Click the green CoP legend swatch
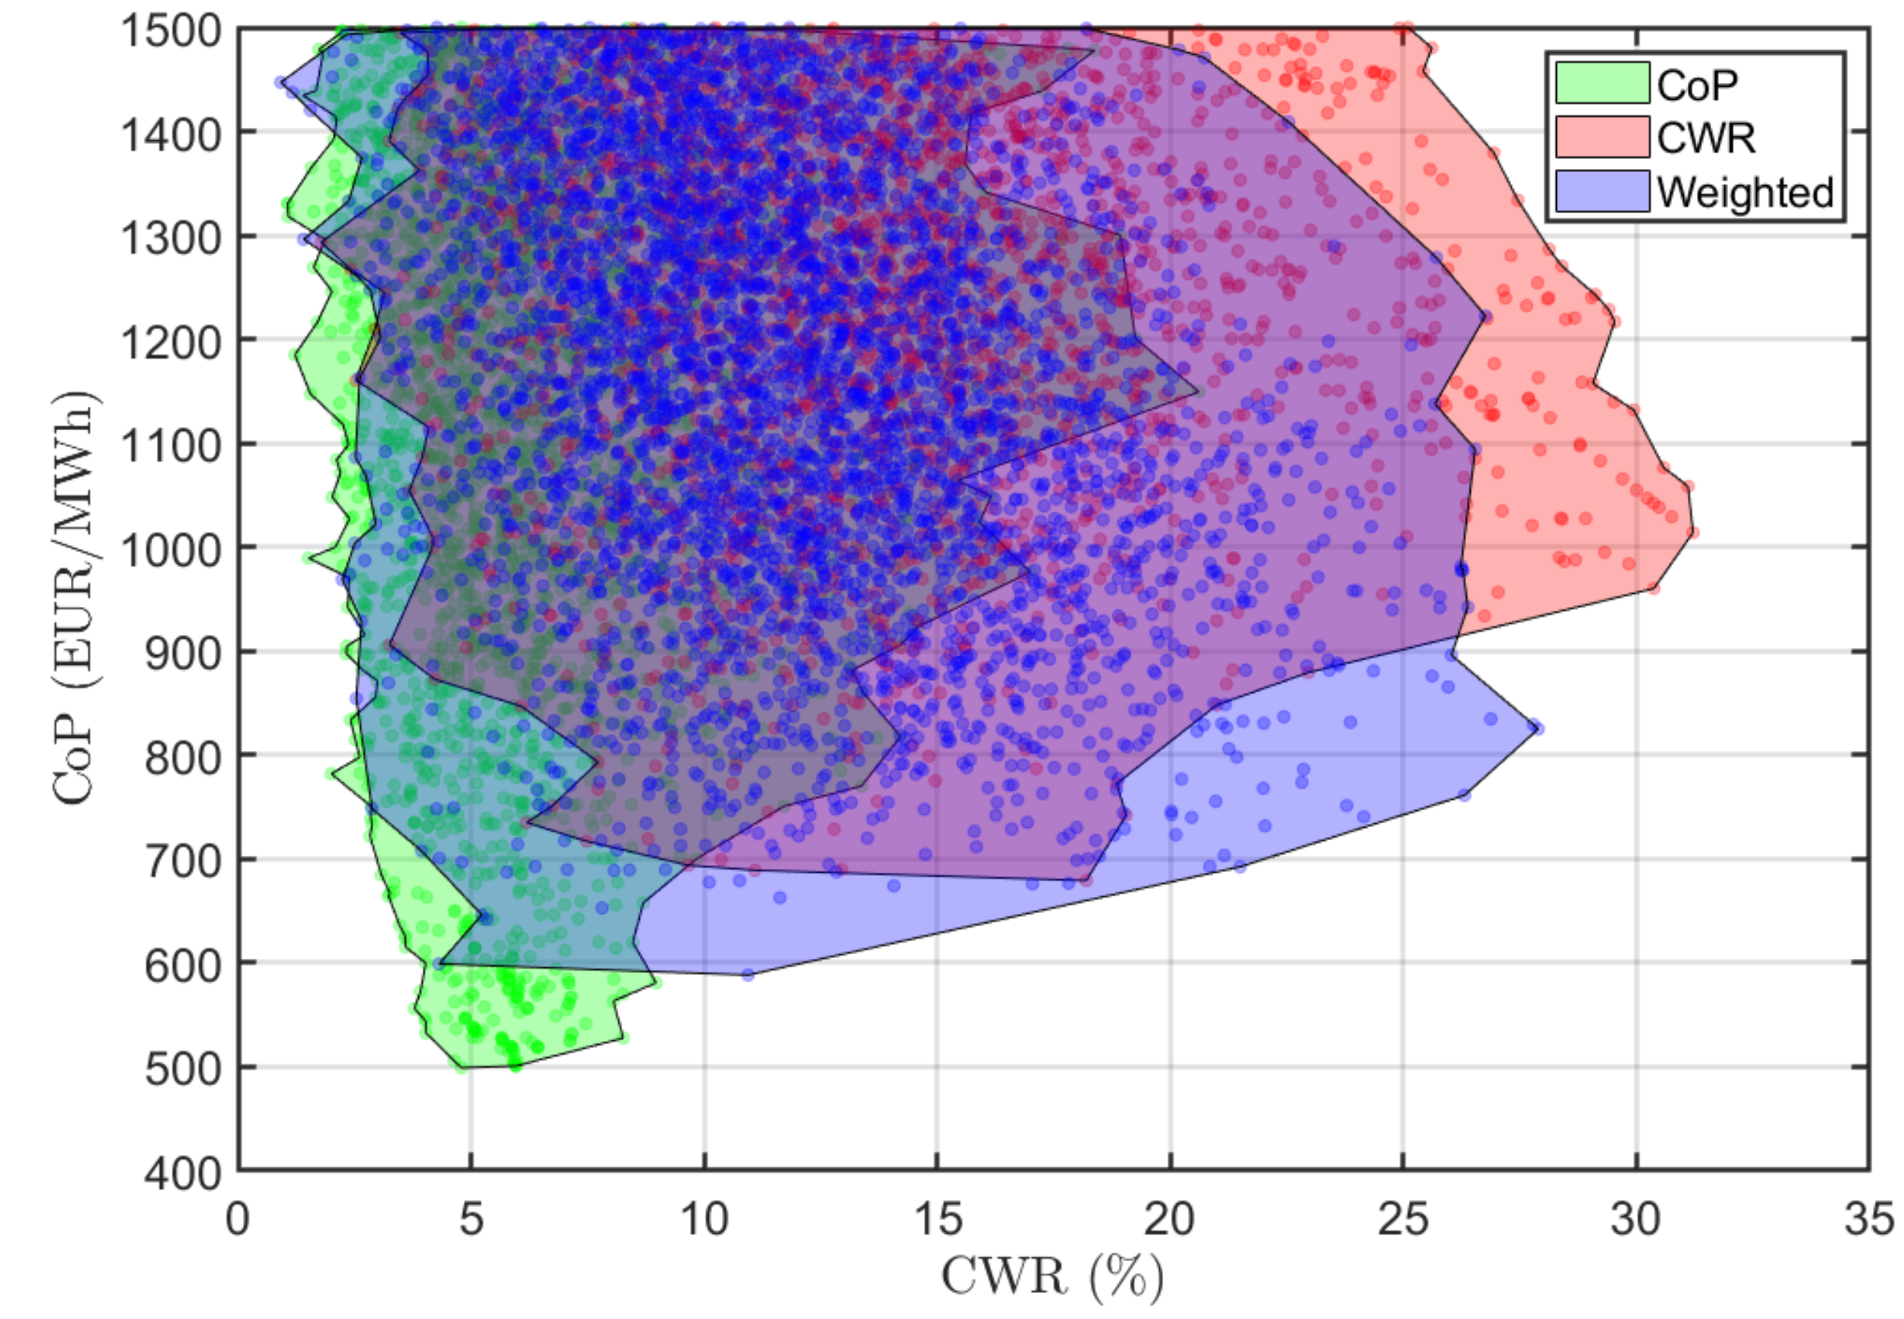pos(1602,83)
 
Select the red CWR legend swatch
pos(1602,136)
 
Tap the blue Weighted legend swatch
pos(1602,191)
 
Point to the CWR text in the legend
pos(1706,137)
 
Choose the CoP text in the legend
pos(1697,84)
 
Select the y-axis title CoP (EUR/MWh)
pos(76,597)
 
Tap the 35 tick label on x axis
pos(1868,1219)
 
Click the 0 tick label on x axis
pos(238,1219)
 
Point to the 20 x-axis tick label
pos(1169,1219)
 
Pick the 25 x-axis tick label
pos(1402,1219)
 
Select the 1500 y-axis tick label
pos(171,31)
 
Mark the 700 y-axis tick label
pos(183,861)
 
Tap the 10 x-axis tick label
pos(703,1219)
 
